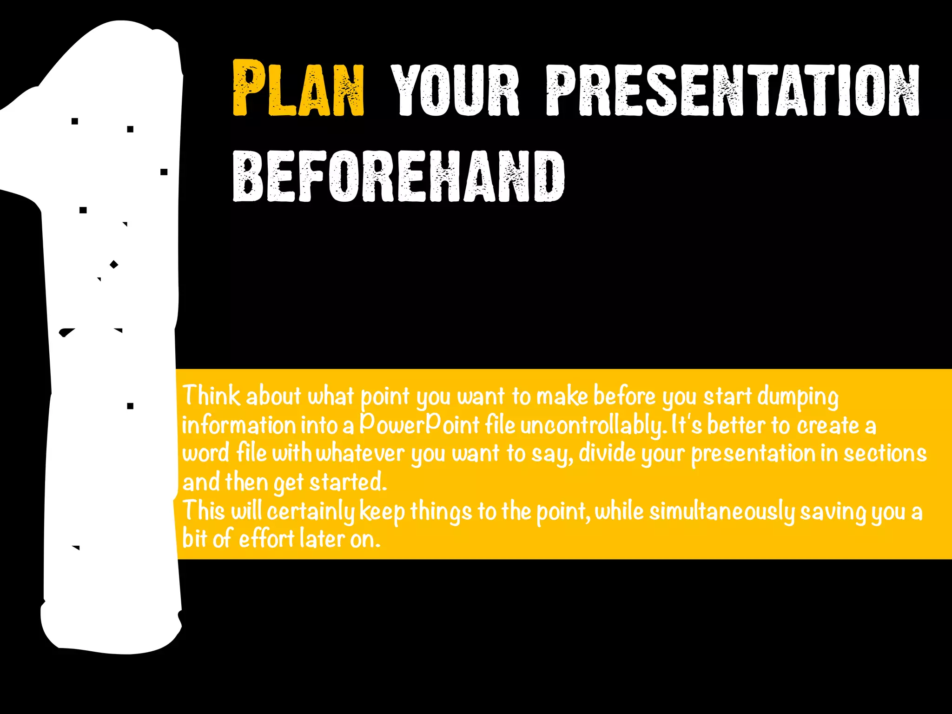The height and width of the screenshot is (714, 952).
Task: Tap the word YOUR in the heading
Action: coord(455,90)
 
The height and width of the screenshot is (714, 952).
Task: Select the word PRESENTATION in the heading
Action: coord(733,90)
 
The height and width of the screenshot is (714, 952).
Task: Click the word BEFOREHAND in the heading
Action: coord(398,177)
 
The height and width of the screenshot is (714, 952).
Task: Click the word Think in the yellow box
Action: coord(212,396)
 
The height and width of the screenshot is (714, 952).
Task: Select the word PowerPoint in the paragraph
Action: coord(419,424)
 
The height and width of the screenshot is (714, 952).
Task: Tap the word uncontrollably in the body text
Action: coord(592,425)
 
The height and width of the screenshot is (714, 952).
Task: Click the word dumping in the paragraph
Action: coord(798,397)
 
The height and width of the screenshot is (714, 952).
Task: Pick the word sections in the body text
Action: coord(885,453)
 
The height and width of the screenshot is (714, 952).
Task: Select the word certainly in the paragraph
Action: coord(311,511)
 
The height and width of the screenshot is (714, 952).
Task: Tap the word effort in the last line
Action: coord(266,539)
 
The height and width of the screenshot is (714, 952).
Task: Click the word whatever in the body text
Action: coord(360,453)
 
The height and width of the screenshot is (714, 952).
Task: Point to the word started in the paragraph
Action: coord(348,482)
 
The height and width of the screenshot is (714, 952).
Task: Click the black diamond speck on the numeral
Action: coord(114,264)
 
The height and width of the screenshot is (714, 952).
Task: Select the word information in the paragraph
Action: coord(238,425)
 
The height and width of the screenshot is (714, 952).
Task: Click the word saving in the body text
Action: coord(833,512)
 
